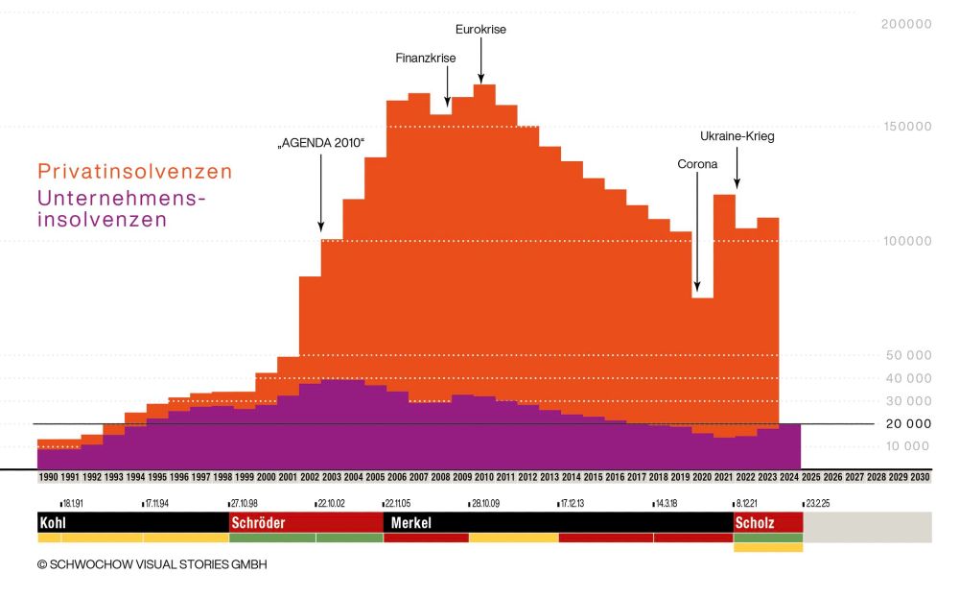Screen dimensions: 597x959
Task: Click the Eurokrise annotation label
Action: coord(480,29)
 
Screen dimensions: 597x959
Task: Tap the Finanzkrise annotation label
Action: coord(426,58)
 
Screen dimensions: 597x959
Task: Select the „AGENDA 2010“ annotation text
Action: coord(321,143)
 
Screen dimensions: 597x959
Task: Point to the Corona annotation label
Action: coord(697,164)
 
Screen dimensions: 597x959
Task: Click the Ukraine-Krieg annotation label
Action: coord(737,136)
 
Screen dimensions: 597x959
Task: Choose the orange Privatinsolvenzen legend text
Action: coord(134,172)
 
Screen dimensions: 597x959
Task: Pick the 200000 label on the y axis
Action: coord(906,25)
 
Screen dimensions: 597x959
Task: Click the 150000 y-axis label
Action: coord(906,127)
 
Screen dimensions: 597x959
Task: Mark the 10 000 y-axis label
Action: coord(906,446)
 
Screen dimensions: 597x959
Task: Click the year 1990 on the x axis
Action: coord(48,477)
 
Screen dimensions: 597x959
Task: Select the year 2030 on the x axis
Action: coord(920,477)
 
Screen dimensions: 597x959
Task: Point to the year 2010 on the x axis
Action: coord(484,477)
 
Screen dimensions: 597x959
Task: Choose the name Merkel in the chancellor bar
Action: coord(411,523)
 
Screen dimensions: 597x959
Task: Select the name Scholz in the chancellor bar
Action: coord(755,523)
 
